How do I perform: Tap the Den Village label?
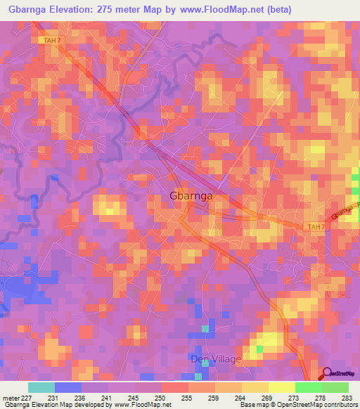(x=217, y=359)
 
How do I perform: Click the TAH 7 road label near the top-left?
(x=43, y=41)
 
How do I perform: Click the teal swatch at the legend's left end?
(x=41, y=387)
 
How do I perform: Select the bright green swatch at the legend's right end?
(x=335, y=387)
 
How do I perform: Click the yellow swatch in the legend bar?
(x=281, y=387)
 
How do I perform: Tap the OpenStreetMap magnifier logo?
(x=328, y=373)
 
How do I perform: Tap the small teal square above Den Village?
(x=205, y=328)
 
